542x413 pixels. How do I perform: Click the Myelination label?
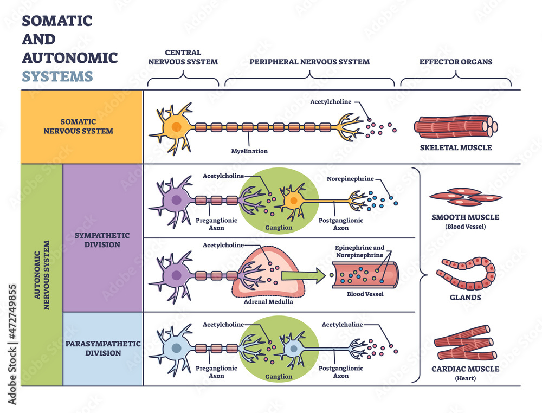click(x=250, y=151)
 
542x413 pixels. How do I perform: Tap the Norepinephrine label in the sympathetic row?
click(x=350, y=179)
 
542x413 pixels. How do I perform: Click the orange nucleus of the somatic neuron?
click(x=176, y=127)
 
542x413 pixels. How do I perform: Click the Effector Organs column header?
click(x=456, y=62)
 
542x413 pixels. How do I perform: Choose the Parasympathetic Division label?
click(x=103, y=349)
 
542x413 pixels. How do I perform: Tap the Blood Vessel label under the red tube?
click(x=365, y=294)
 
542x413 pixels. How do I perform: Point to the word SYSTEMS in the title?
click(x=57, y=76)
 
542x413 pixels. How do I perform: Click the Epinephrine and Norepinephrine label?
click(x=360, y=250)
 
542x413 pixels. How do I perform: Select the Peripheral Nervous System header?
click(x=309, y=62)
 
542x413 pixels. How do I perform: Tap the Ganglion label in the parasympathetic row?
click(x=279, y=376)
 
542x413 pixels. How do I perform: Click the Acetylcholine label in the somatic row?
click(x=331, y=101)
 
